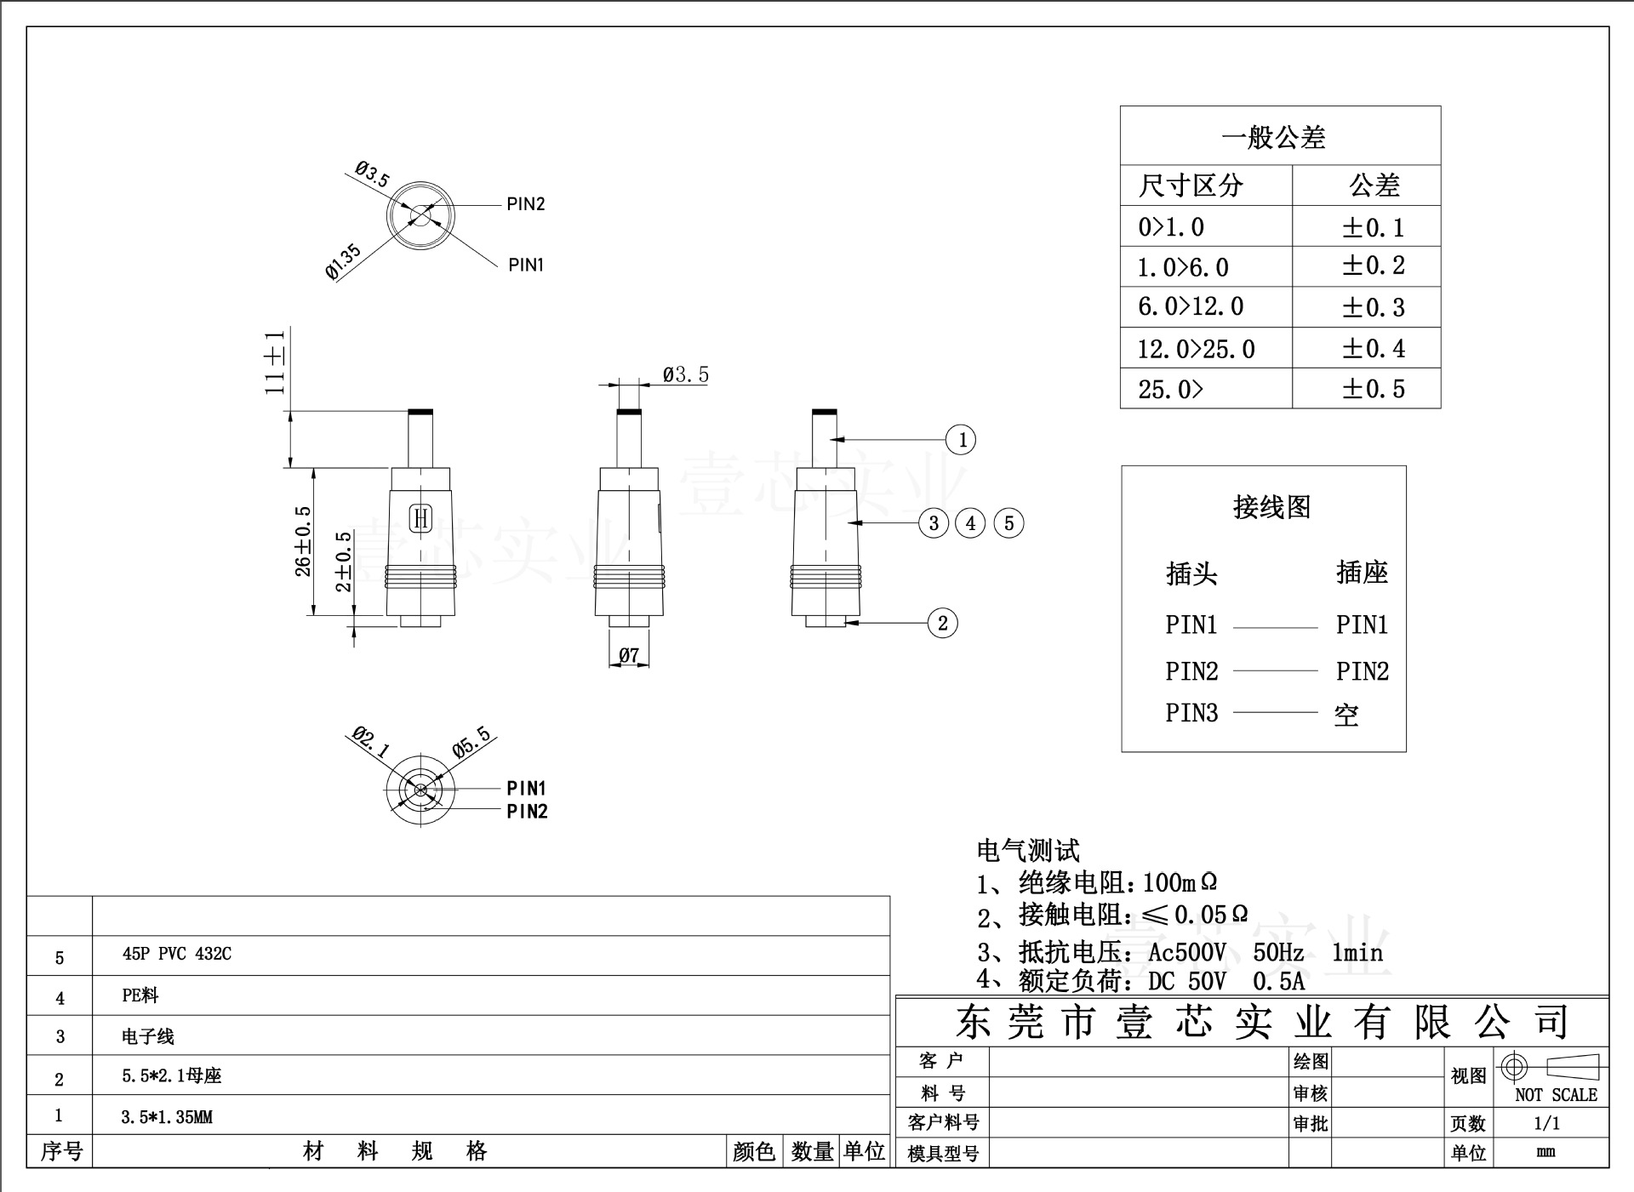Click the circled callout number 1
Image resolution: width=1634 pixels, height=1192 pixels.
[x=962, y=440]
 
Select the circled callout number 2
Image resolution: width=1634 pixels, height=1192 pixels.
[x=942, y=623]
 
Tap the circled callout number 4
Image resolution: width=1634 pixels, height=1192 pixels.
[x=971, y=522]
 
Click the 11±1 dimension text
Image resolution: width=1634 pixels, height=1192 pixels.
[x=275, y=362]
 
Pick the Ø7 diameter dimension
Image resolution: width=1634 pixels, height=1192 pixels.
[x=629, y=655]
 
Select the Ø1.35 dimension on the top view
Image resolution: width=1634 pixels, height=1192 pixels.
[x=343, y=261]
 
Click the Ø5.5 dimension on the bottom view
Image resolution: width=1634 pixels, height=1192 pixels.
[x=471, y=741]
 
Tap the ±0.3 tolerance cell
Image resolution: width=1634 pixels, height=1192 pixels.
[x=1373, y=307]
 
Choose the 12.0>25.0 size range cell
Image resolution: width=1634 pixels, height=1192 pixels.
[x=1197, y=349]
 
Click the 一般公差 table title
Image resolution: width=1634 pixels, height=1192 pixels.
[x=1273, y=138]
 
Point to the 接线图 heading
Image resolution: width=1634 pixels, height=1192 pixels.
[x=1271, y=507]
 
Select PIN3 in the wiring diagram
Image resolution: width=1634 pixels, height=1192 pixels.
[x=1191, y=712]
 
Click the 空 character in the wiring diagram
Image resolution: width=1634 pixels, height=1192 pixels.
[x=1346, y=715]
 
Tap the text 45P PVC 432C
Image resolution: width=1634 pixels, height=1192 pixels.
[x=177, y=954]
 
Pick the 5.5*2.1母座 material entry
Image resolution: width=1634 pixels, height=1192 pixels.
[x=171, y=1076]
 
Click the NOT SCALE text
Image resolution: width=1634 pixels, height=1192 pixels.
[x=1556, y=1095]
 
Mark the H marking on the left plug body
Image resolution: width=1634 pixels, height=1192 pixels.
[x=421, y=518]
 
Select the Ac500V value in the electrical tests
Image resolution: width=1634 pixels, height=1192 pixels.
[x=1187, y=952]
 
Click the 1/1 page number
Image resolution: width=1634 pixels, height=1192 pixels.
[x=1546, y=1123]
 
